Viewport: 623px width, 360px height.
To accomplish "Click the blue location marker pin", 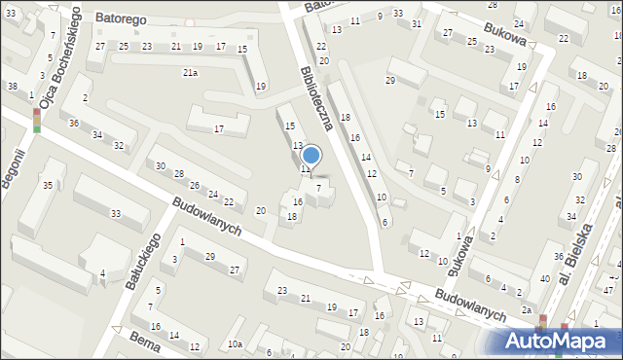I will coord(311,156).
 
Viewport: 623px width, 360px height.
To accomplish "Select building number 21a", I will coord(190,72).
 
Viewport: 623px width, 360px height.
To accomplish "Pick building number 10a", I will coord(235,344).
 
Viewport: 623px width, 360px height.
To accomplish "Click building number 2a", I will coord(527,309).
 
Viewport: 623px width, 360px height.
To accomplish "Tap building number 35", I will coord(47,184).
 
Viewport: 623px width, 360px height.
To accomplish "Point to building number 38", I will coord(12,86).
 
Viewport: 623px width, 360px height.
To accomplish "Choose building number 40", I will coord(544,279).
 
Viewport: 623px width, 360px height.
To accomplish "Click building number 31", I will coord(416,23).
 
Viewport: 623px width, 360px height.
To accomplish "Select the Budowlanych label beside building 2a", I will coord(470,304).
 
